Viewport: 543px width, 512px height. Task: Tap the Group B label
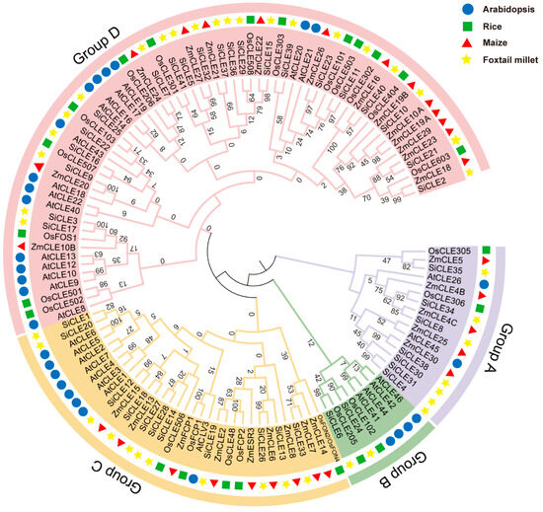pyautogui.click(x=396, y=457)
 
